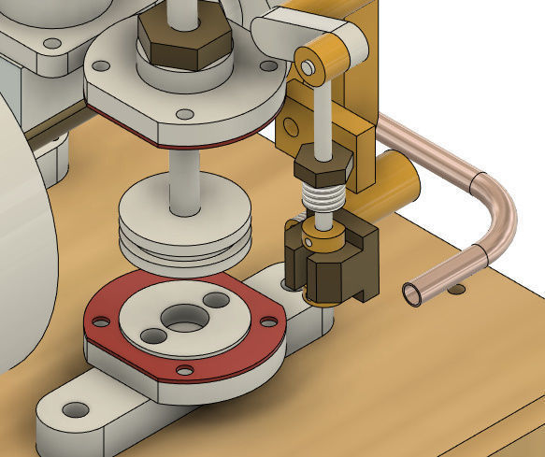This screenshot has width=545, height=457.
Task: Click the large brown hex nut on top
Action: pyautogui.click(x=184, y=42)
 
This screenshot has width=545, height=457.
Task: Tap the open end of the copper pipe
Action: pyautogui.click(x=412, y=294)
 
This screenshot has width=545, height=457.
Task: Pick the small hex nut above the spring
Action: pyautogui.click(x=323, y=168)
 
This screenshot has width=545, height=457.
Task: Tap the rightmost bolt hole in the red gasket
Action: pyautogui.click(x=269, y=321)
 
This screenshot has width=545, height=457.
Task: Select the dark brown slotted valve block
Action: pyautogui.click(x=337, y=266)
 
